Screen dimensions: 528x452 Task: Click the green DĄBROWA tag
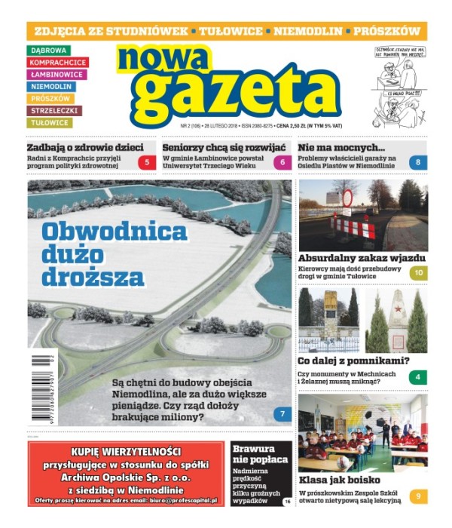(x=48, y=51)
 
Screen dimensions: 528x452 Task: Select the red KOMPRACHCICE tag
(x=58, y=63)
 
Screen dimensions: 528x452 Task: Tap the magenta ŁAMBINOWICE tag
(x=57, y=75)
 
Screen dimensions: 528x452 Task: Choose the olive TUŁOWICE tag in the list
(x=50, y=123)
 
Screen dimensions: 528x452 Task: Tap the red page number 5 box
(x=147, y=162)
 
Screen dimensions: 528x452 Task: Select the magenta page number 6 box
(x=282, y=162)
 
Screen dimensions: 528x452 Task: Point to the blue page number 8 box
(x=418, y=162)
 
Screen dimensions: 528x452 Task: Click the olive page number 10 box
(x=418, y=273)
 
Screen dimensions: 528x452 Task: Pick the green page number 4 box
(x=418, y=376)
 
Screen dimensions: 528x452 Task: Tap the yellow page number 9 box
(x=418, y=496)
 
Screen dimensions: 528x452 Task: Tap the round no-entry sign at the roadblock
(x=347, y=198)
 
